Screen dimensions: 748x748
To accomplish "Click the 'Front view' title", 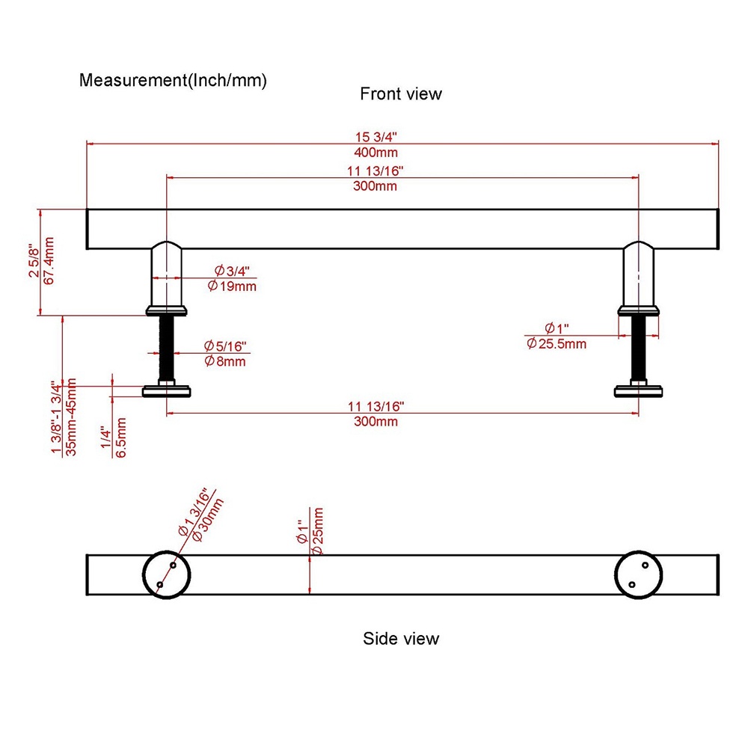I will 401,94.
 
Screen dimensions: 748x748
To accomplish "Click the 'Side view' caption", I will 401,639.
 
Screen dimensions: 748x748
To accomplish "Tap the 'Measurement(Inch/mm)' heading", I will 173,80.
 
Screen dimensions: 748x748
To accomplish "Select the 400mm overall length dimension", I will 376,153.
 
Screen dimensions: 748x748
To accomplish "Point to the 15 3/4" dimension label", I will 376,137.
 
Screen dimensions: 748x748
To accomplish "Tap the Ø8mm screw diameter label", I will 225,362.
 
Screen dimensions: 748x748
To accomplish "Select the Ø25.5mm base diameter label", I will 557,344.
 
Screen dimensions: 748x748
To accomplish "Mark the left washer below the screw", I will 166,390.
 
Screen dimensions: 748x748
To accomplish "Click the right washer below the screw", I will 639,390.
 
